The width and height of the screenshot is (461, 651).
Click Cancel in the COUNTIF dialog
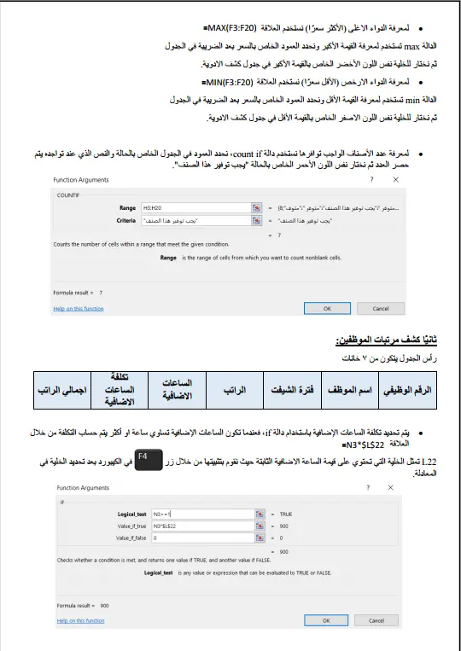[x=381, y=309]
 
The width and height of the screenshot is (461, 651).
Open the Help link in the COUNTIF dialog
[x=79, y=308]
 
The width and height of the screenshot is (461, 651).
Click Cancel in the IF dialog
[x=381, y=621]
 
